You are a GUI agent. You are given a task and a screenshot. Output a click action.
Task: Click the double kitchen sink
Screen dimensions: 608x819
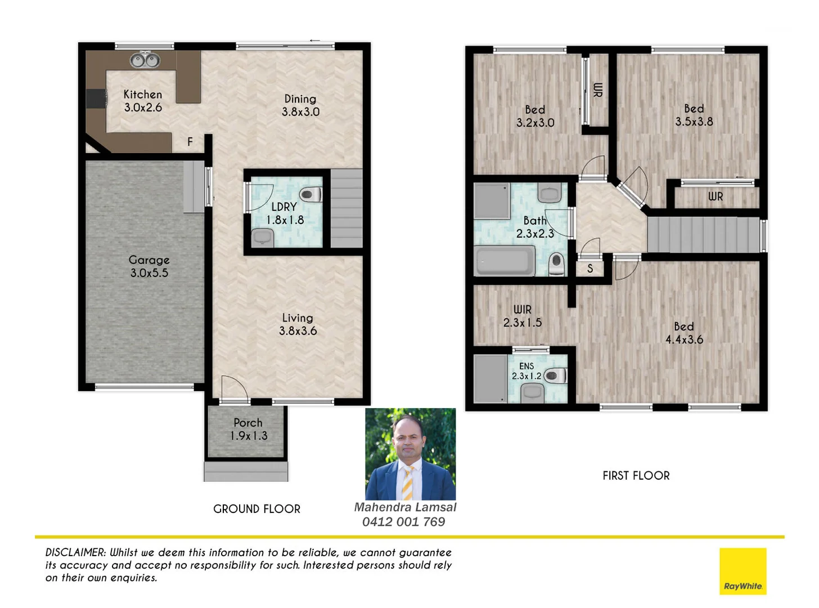[145, 59]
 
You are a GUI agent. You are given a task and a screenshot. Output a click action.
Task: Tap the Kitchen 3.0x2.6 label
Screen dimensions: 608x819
[143, 101]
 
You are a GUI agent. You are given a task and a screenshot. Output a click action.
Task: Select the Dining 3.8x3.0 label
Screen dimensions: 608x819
[300, 105]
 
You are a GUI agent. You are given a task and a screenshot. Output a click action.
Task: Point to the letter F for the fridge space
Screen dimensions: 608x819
[190, 142]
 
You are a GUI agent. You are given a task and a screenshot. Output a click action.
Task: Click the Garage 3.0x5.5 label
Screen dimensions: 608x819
[149, 266]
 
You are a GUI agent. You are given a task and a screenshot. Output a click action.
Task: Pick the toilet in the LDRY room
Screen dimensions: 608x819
[310, 195]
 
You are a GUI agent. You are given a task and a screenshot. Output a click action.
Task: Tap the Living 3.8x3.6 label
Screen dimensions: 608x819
[298, 324]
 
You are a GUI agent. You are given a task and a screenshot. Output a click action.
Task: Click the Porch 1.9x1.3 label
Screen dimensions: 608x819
[248, 429]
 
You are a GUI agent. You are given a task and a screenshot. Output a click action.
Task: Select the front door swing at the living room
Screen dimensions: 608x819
[233, 389]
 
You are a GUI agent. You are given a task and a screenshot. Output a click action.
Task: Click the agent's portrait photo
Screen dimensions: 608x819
[410, 454]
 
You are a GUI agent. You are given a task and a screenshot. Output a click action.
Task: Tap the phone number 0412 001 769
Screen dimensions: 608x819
[403, 522]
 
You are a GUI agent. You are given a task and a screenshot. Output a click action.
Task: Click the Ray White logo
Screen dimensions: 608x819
[742, 571]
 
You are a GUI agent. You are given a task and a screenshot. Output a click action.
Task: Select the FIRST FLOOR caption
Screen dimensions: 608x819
[636, 476]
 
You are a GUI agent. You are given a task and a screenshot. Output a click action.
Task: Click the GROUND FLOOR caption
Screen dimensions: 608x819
[256, 509]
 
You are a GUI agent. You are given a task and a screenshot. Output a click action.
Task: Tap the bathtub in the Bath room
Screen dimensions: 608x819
[505, 262]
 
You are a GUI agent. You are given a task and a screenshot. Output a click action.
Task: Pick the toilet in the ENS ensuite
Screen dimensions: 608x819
[555, 375]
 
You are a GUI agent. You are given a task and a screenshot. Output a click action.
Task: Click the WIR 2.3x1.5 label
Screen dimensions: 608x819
[522, 316]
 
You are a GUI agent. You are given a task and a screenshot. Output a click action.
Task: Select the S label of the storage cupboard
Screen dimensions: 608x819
[589, 269]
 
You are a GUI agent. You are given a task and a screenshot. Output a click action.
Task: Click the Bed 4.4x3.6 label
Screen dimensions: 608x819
[684, 333]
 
